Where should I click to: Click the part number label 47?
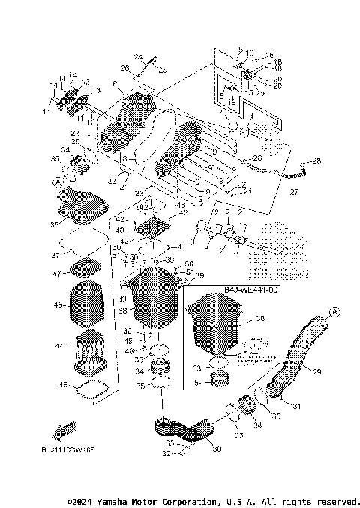click(56, 275)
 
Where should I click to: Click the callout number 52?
click(197, 383)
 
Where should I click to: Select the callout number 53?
click(197, 368)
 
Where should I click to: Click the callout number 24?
click(137, 56)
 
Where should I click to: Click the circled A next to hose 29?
click(313, 312)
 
